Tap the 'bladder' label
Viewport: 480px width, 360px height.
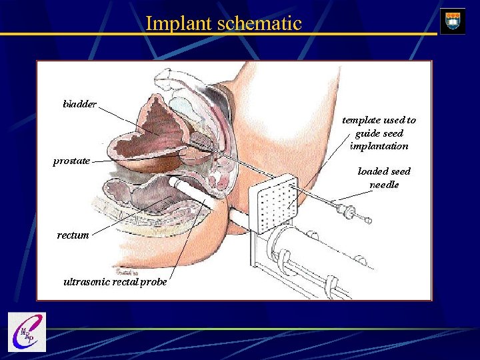[79, 104]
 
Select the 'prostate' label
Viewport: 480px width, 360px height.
[71, 161]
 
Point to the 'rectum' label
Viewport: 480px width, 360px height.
[73, 235]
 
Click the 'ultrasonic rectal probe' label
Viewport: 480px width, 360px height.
[115, 281]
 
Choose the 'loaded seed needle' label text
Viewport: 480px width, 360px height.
[384, 178]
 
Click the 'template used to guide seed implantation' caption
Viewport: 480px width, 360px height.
[379, 133]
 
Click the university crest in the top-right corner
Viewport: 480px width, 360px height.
[453, 21]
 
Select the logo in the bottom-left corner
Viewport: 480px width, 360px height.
[26, 332]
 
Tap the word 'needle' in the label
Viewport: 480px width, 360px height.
[384, 185]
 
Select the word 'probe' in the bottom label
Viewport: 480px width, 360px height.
[152, 282]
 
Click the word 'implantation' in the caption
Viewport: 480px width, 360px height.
[379, 145]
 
